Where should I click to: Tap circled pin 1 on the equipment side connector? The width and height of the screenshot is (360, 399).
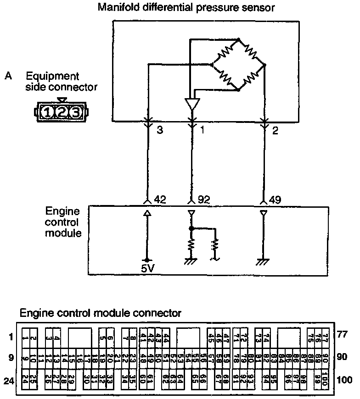point(47,111)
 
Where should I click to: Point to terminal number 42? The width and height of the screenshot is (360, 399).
point(160,199)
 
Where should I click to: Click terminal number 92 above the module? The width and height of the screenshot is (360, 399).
point(203,199)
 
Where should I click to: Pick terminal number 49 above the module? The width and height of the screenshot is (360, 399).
point(276,199)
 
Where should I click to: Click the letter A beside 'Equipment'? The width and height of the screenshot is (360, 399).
point(8,76)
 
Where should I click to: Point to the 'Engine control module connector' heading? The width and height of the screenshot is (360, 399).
point(101,313)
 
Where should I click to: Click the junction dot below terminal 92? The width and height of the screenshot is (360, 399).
point(192,228)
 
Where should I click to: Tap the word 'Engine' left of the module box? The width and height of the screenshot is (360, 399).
point(63,211)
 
